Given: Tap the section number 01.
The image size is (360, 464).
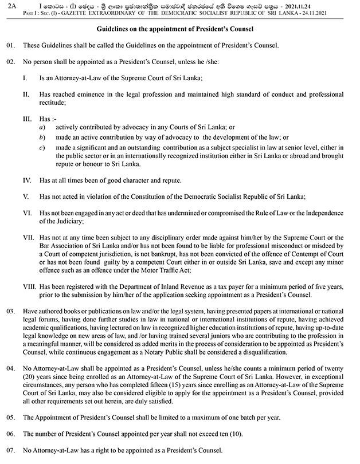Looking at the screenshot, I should coord(10,45).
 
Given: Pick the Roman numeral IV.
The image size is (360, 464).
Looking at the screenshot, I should coord(26,180).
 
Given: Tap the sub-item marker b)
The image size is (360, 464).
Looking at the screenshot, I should coord(42,138).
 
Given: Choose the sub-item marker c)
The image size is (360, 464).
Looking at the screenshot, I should coord(42,148).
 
